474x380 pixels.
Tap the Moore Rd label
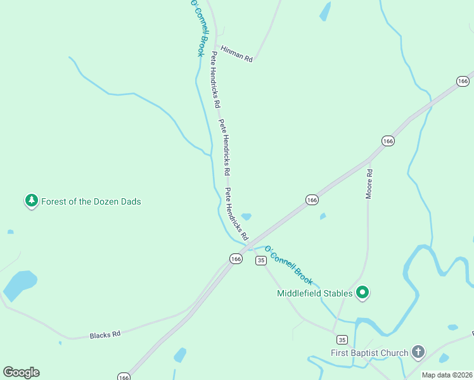(369, 184)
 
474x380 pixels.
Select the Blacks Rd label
(105, 334)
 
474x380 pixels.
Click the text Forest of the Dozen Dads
(91, 201)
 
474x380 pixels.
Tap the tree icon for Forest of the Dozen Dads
(31, 201)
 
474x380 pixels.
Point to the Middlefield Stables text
(314, 293)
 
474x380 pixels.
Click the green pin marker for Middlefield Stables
(362, 293)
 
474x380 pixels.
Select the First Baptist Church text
(369, 352)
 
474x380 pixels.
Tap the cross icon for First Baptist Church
(418, 351)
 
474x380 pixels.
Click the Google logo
(21, 372)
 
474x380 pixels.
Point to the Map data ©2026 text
(447, 375)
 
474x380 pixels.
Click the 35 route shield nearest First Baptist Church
(342, 339)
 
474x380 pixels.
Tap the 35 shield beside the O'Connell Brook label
(260, 260)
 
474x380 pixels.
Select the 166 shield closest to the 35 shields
(236, 258)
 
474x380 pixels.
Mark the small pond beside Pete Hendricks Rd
(246, 217)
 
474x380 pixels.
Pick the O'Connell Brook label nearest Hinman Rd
(198, 28)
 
